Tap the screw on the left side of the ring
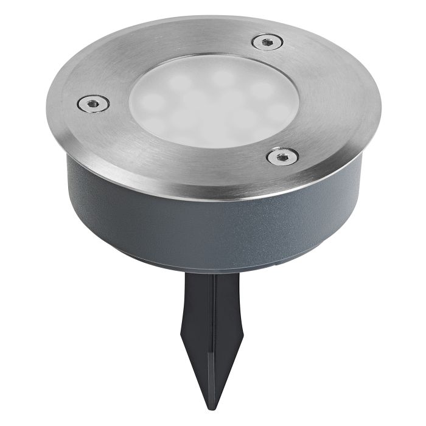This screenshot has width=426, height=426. click(93, 104)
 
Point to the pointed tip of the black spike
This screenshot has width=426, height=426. click(211, 399)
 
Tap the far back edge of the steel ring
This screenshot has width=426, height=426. click(213, 18)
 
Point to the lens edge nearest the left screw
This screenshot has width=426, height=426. click(131, 103)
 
